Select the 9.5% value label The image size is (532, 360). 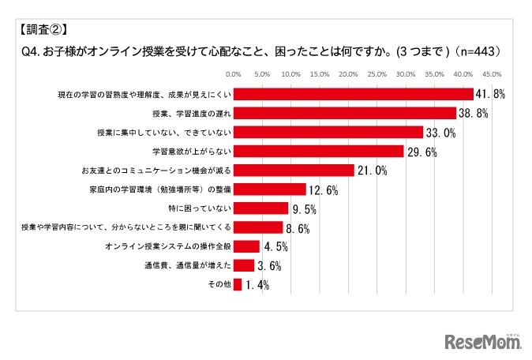click(x=304, y=208)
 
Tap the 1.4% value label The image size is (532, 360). click(x=257, y=285)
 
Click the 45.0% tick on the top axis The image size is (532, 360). click(x=492, y=75)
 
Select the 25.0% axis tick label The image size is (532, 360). click(x=377, y=75)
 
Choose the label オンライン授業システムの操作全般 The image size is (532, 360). click(x=167, y=246)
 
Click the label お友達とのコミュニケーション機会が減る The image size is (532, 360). click(x=155, y=171)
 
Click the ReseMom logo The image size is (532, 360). click(x=482, y=341)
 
